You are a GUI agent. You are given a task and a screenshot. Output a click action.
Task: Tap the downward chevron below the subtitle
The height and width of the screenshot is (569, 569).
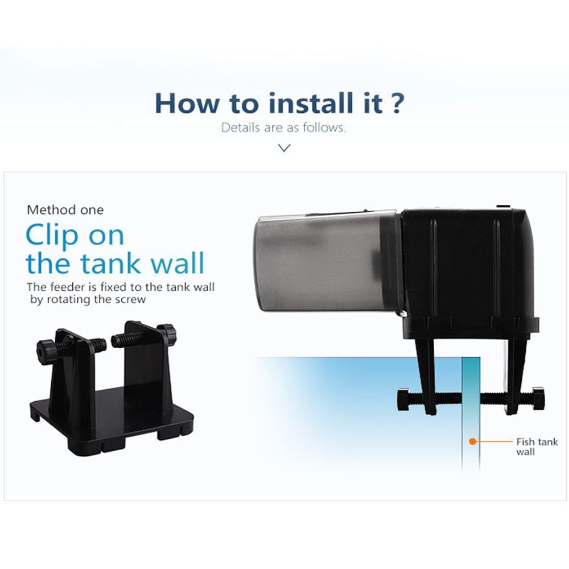tap(284, 147)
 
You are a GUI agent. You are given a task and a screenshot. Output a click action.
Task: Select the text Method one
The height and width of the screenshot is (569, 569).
tap(65, 210)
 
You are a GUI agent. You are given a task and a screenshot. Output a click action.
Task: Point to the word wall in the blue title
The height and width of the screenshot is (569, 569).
tap(176, 263)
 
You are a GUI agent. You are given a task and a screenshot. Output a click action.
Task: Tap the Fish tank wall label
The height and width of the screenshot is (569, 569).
tap(537, 446)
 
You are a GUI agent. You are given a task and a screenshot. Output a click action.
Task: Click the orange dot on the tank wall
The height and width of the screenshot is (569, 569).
tap(472, 441)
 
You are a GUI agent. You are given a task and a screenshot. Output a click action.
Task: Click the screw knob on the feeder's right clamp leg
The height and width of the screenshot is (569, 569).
tap(538, 398)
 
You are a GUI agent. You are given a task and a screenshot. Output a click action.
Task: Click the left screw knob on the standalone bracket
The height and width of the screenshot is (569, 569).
tap(46, 348)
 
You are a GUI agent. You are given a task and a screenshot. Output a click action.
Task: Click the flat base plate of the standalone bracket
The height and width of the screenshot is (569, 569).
tap(114, 421)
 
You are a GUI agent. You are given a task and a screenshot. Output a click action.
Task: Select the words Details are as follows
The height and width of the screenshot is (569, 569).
tap(283, 127)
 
